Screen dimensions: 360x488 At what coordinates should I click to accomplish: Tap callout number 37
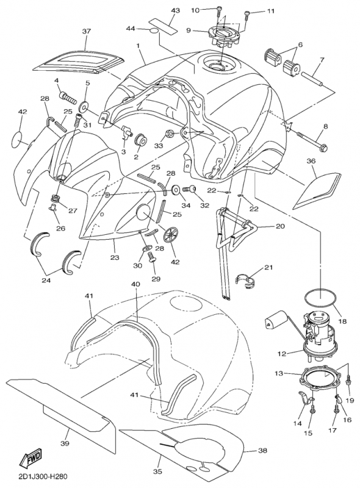coord(86,32)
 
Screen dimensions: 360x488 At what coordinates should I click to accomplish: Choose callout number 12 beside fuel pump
coord(282,354)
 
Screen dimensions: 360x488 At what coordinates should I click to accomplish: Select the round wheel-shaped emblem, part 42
coord(171,235)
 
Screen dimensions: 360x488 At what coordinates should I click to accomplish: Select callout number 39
coord(65,443)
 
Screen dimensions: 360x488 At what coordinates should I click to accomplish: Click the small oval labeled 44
coord(154,30)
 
